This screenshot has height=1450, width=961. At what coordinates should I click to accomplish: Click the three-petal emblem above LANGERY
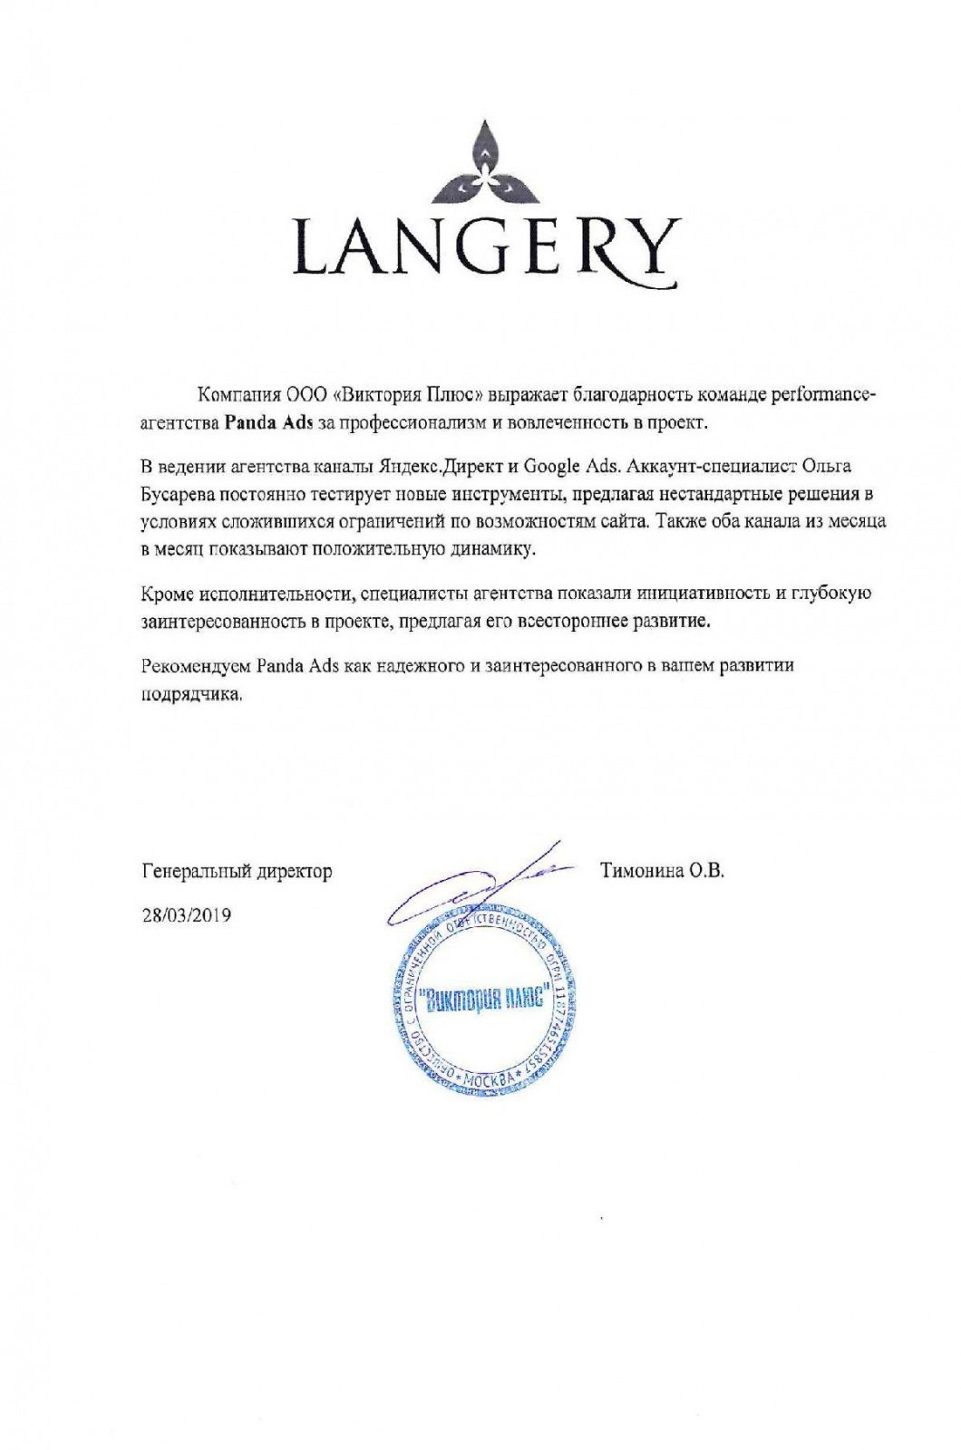coord(486,163)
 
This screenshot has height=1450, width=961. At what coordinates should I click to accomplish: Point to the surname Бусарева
coord(178,494)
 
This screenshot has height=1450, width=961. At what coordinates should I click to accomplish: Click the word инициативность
coord(702,594)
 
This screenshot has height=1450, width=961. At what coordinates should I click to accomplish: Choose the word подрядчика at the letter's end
coord(191,694)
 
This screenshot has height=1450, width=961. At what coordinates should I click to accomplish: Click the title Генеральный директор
coord(238,872)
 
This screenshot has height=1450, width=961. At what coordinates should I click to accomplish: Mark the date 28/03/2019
coord(187,915)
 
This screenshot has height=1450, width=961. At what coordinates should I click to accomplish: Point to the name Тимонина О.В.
coord(662,872)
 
